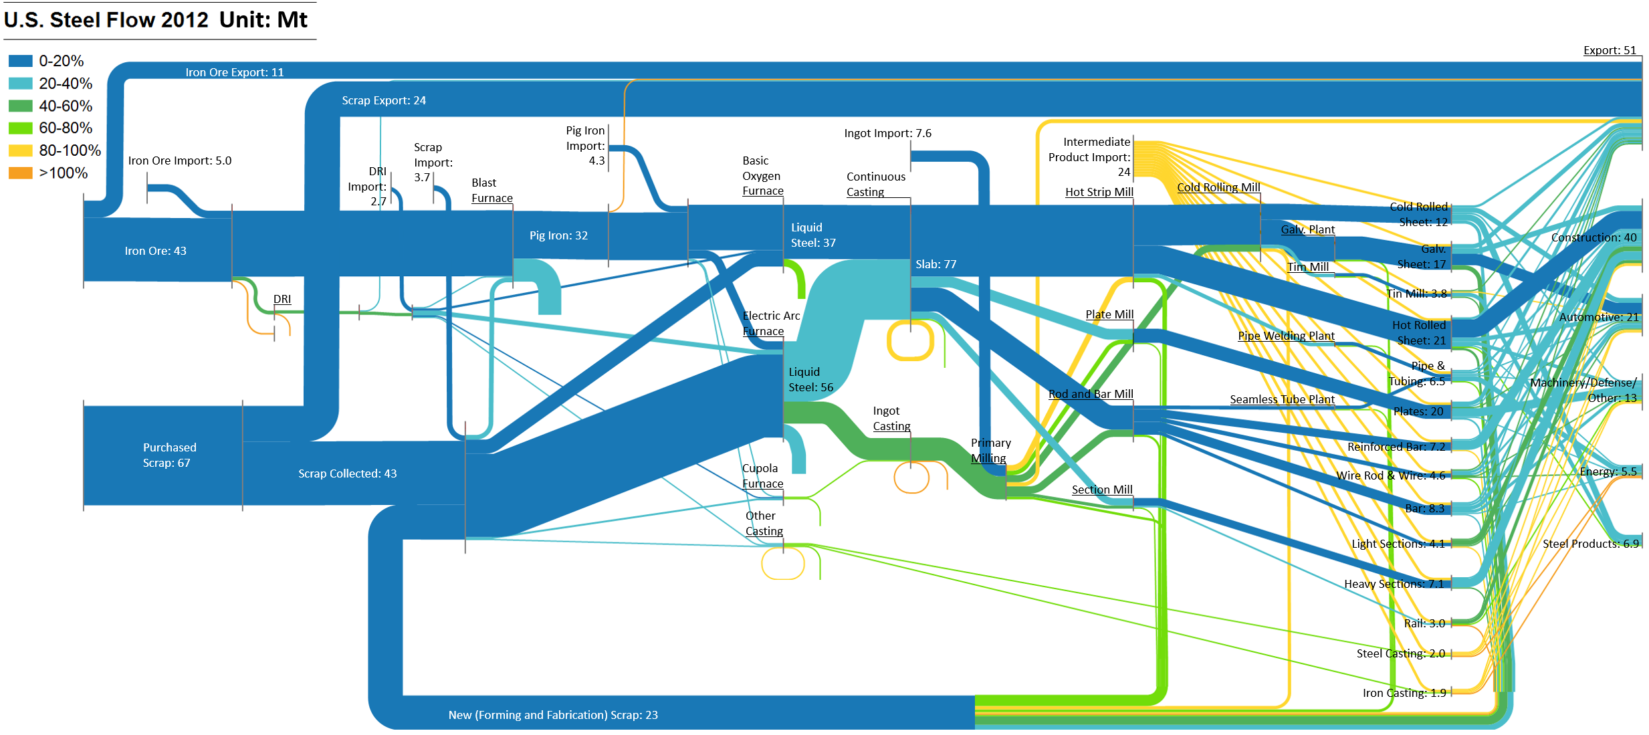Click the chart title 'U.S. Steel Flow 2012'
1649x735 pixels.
click(106, 20)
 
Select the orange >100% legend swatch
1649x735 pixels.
click(20, 173)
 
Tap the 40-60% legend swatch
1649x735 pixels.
click(20, 106)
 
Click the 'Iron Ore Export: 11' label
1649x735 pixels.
click(234, 72)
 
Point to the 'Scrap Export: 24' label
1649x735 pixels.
click(384, 100)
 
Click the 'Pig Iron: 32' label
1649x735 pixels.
click(558, 235)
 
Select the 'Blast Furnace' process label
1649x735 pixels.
click(491, 191)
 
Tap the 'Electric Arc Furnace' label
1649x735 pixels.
click(770, 324)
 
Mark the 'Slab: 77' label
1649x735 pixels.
click(936, 264)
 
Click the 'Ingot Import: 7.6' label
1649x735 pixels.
click(887, 133)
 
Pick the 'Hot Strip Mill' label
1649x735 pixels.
click(1099, 192)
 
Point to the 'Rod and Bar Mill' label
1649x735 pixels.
click(1091, 394)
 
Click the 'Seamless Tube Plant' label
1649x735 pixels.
click(1282, 399)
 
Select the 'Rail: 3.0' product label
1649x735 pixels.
click(1424, 623)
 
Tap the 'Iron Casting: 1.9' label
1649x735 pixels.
click(1404, 693)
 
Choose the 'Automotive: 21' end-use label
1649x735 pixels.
click(1599, 317)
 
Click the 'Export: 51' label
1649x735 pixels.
click(1610, 50)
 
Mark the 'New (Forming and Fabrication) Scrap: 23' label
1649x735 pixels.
click(553, 715)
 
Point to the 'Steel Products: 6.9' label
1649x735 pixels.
click(1591, 544)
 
